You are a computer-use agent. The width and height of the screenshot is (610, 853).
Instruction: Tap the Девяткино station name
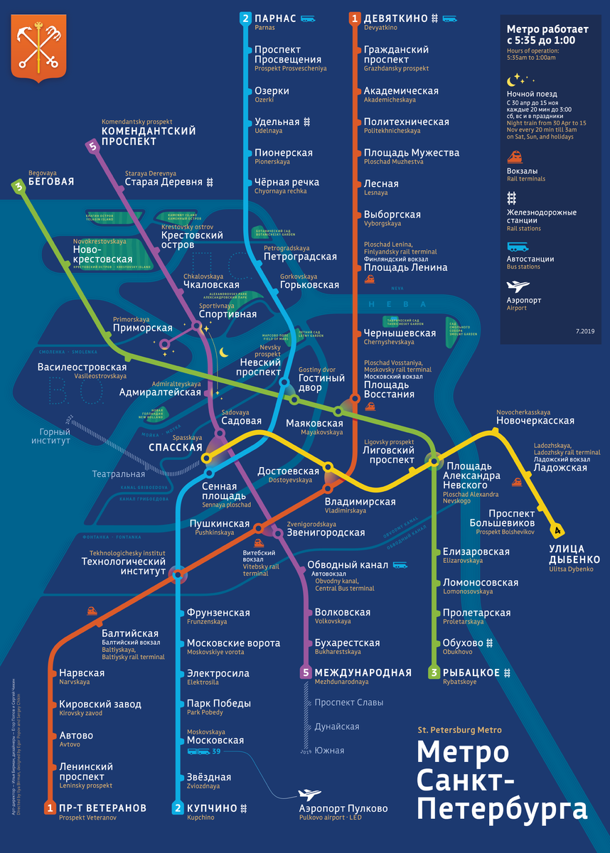pos(395,18)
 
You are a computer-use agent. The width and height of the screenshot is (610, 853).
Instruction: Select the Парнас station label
pos(276,18)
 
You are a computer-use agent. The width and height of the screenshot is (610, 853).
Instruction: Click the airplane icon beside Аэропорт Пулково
pos(309,794)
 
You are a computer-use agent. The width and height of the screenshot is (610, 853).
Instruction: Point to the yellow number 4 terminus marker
pos(558,530)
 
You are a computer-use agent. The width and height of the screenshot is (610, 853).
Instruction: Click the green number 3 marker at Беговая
pos(18,186)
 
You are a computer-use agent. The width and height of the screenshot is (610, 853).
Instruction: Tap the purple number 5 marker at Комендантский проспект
pos(92,147)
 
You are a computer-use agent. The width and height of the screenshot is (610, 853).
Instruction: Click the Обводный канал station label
pos(348,565)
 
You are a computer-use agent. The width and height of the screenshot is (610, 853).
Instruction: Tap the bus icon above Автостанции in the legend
pos(517,247)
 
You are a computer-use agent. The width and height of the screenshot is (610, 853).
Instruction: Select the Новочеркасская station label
pos(535,421)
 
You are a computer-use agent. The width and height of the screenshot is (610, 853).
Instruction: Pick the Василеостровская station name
pos(82,367)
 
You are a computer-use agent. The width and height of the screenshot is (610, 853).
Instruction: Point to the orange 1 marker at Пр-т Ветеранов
pos(50,808)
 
